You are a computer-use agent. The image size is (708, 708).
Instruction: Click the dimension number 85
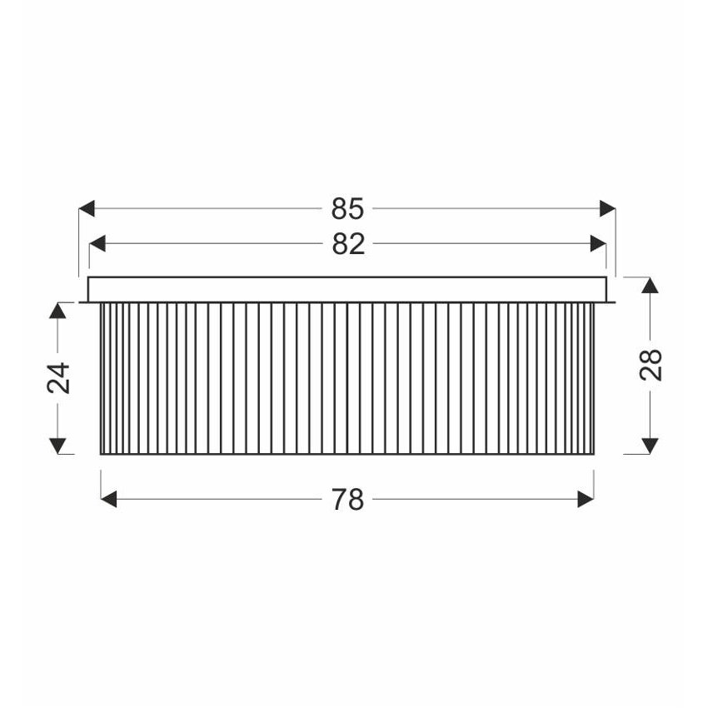pos(347,208)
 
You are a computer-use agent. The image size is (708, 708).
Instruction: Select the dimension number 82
pos(348,244)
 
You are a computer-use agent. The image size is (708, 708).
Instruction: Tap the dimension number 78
pos(347,500)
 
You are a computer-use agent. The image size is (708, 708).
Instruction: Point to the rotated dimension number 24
pos(58,378)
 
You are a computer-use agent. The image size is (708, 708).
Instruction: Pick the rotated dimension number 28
pos(651,365)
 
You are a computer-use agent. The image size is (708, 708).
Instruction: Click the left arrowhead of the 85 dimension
pos(87,208)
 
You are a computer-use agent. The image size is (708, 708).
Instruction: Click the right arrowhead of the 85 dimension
pos(608,208)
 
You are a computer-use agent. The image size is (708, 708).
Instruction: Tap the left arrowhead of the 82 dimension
pos(97,244)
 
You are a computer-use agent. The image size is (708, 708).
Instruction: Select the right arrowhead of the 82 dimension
pos(598,244)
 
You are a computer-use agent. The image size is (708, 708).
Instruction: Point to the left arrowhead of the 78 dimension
pos(109,500)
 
